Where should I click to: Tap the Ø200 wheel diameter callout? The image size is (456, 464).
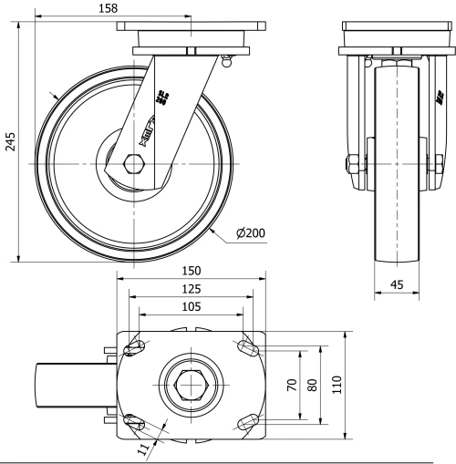(250, 233)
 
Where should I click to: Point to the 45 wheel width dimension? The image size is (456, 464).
(397, 284)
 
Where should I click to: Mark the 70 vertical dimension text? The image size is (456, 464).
(292, 385)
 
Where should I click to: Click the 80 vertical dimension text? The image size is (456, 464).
(311, 385)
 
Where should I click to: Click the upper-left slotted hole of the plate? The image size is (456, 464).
(137, 348)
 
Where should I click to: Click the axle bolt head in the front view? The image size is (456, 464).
(350, 165)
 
